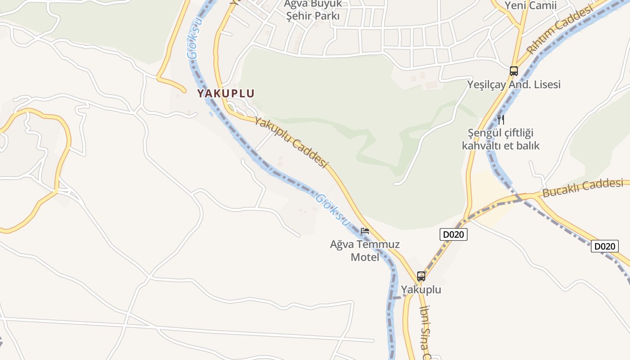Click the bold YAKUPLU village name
pos(226,94)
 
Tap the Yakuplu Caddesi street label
pos(291,142)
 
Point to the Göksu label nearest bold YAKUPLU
pos(194,39)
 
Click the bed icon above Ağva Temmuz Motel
pos(365,231)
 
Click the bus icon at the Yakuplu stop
pos(421,276)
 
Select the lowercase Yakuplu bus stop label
pos(421,290)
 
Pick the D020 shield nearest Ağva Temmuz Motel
pos(453,234)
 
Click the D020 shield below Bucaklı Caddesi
pos(605,246)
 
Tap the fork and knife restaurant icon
pos(501,119)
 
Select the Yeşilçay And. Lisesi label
pos(514,85)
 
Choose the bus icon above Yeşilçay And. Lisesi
pos(514,71)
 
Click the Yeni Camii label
pos(531,5)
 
